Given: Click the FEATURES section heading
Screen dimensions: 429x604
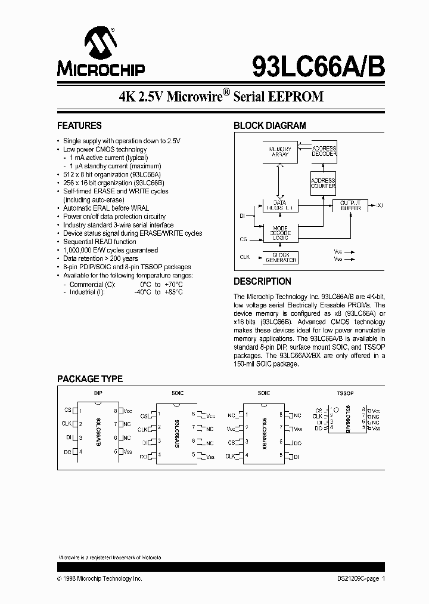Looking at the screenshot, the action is pos(79,126).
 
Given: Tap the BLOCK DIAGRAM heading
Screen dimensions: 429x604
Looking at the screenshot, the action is pos(269,126).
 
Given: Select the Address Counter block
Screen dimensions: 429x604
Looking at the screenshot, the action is pos(324,183).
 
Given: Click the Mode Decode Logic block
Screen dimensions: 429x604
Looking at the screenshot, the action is pos(280,233).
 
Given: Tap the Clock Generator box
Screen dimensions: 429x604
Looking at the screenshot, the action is pos(280,258).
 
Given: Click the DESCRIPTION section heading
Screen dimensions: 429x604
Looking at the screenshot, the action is pos(262,281).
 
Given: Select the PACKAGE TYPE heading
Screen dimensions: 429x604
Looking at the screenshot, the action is pos(90,379).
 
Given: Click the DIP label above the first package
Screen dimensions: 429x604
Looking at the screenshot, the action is pos(98,393).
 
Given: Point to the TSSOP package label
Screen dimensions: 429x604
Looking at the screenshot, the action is pos(345,394).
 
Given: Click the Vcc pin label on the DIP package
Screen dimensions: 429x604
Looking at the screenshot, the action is pos(128,411).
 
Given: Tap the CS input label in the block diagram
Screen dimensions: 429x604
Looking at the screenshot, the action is pos(243,239).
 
